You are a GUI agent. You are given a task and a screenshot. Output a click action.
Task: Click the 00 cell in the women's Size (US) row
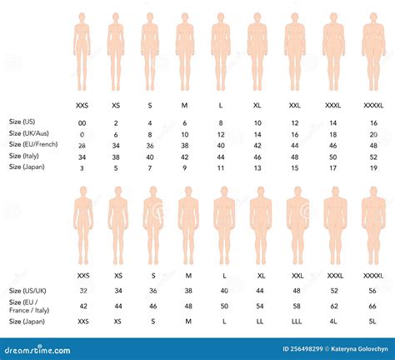click(x=82, y=122)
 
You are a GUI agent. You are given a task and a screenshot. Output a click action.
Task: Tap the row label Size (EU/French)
click(x=31, y=144)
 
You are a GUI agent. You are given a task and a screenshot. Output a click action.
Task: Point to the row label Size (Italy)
click(x=24, y=156)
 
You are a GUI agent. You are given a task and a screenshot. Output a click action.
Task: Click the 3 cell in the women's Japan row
click(x=82, y=167)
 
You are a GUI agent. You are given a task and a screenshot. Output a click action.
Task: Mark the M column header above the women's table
click(x=184, y=105)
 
